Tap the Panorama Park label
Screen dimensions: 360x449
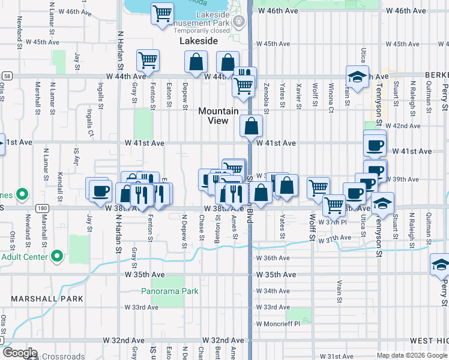(170, 292)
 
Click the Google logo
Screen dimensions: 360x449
(20, 353)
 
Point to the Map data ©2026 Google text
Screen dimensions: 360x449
(411, 355)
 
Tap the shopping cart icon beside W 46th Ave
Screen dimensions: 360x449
(161, 13)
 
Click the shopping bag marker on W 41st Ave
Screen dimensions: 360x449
(251, 127)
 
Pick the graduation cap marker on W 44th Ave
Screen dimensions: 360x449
(357, 77)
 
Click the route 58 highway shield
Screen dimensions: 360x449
(6, 76)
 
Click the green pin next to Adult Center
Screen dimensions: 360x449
(57, 257)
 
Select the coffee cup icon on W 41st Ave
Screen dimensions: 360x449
(375, 145)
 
